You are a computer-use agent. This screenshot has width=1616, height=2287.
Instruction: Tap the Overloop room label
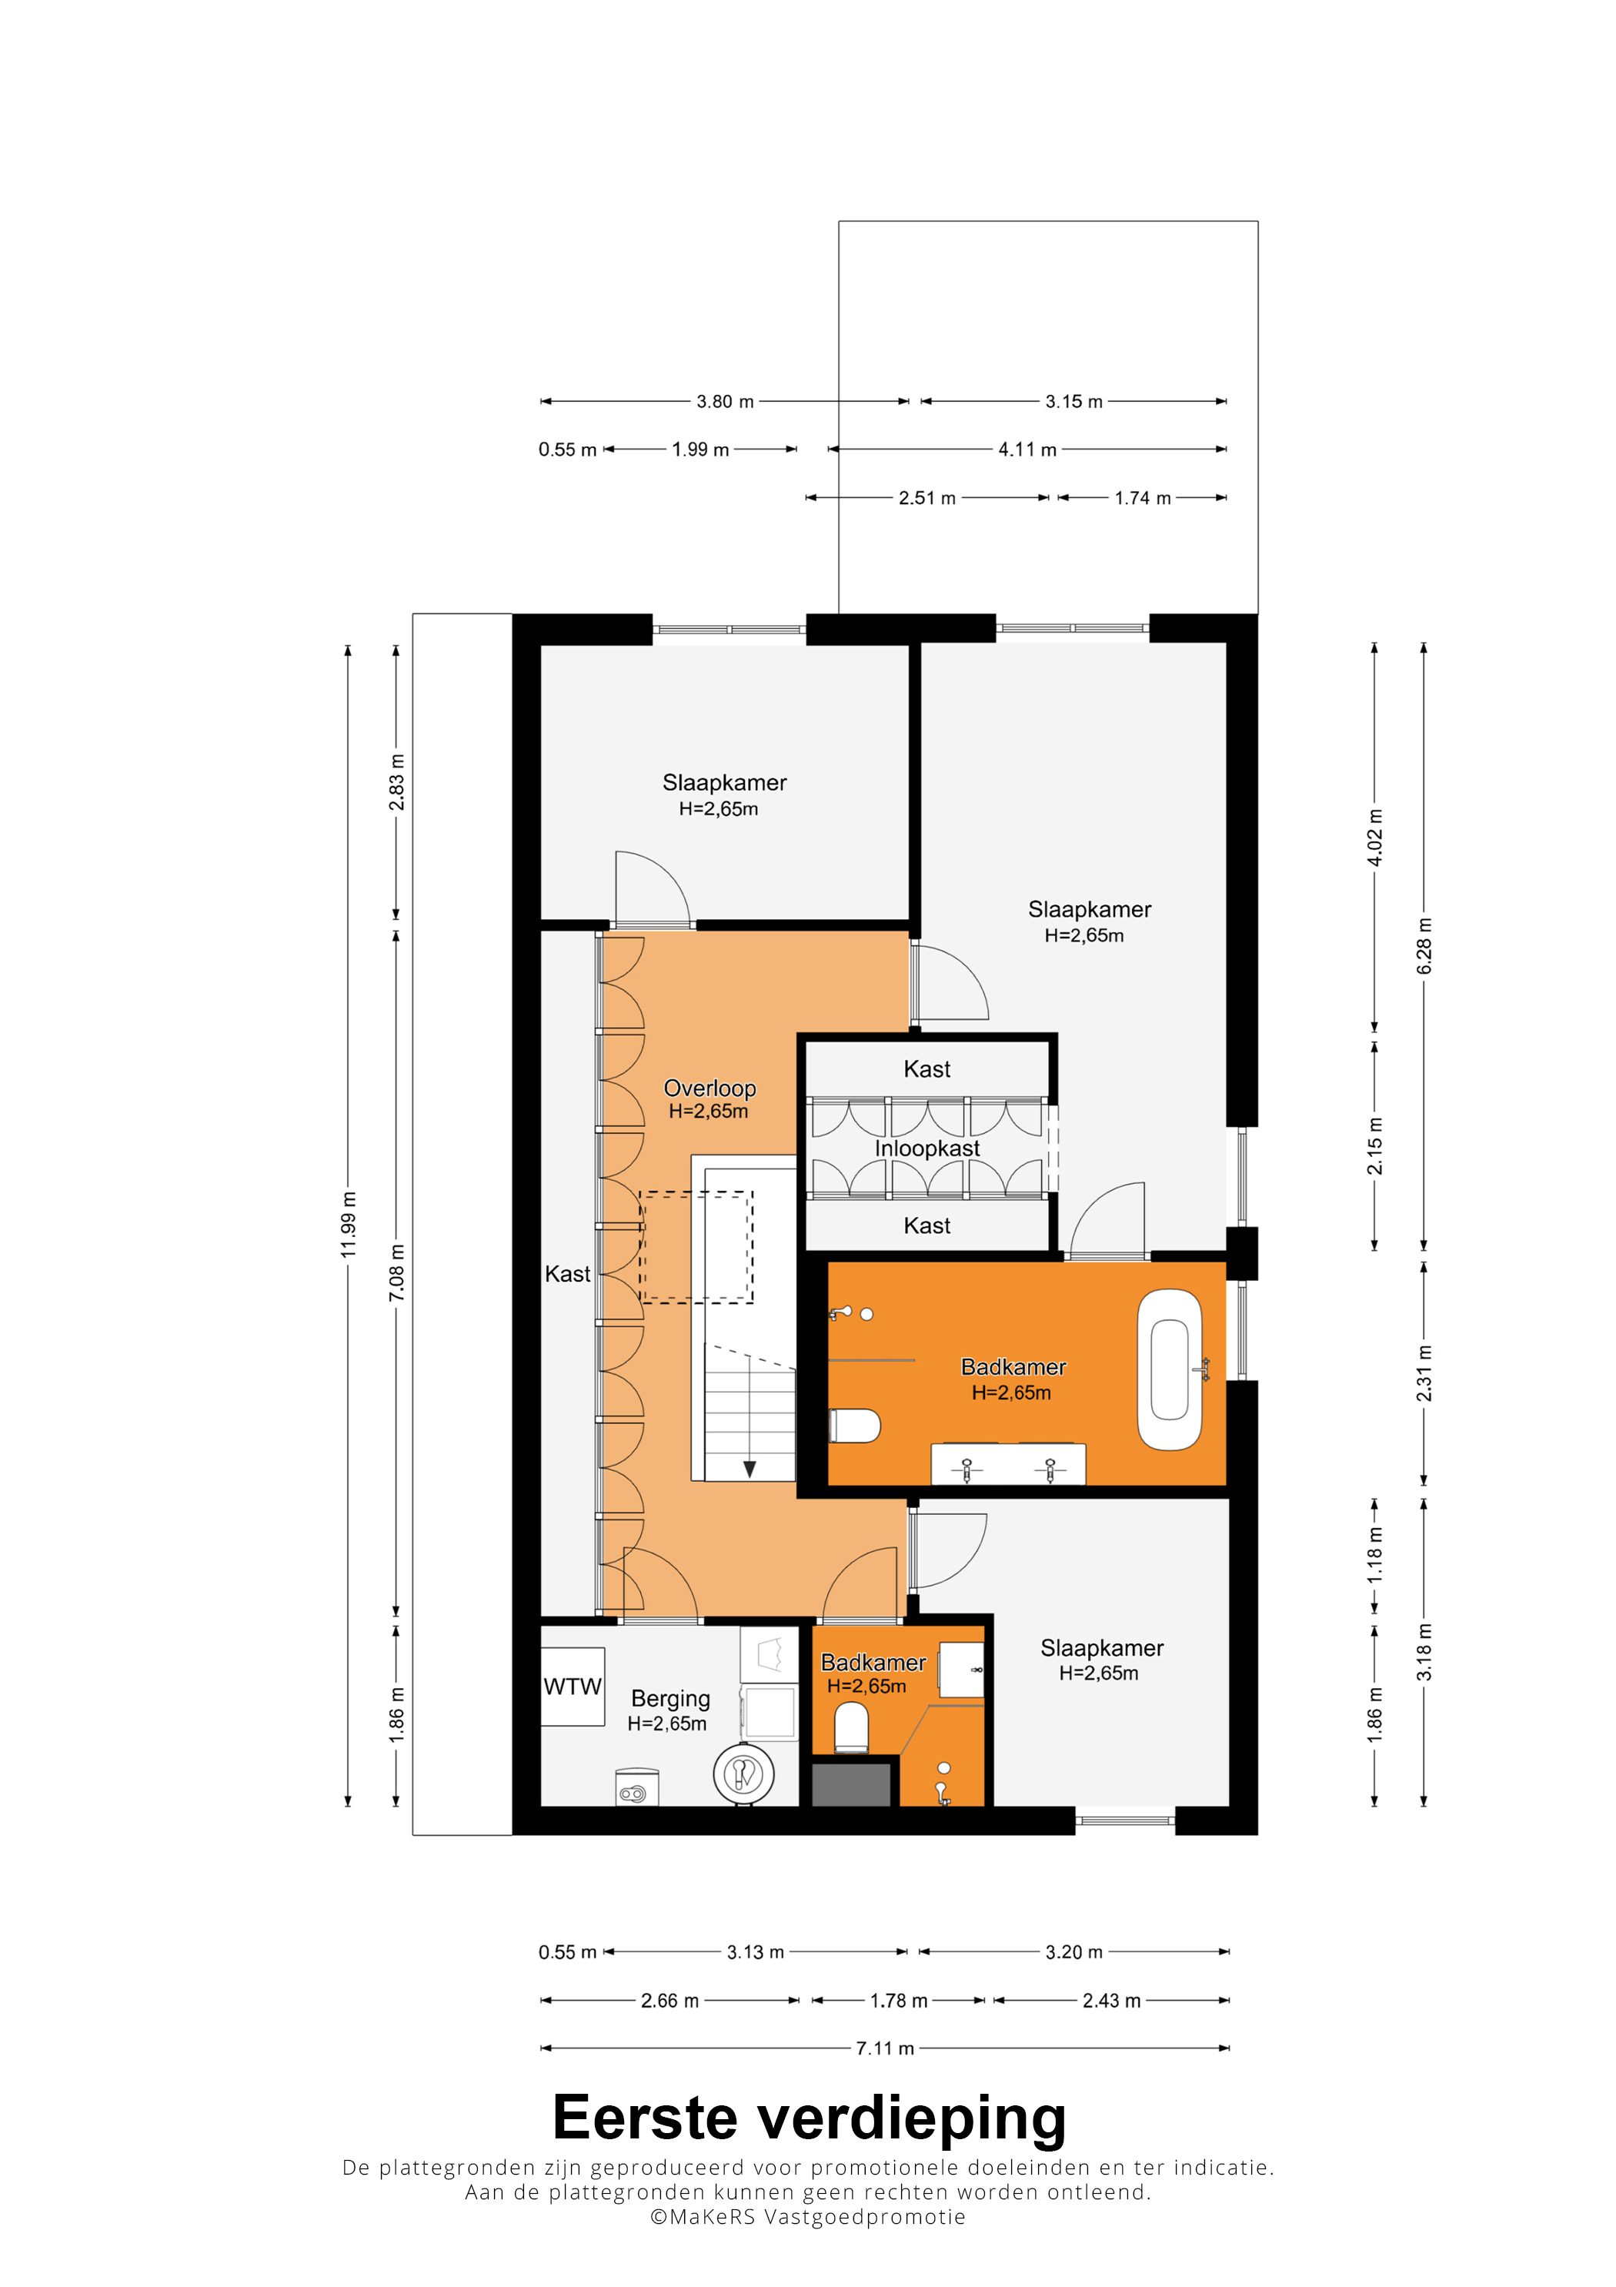tap(710, 1088)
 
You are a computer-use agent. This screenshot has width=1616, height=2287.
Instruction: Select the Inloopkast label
tap(927, 1149)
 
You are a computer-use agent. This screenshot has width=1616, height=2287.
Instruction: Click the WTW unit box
tap(573, 1687)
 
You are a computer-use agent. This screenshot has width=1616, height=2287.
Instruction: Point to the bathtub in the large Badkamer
tap(1170, 1369)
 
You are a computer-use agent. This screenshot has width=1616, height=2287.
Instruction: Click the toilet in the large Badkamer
tap(855, 1426)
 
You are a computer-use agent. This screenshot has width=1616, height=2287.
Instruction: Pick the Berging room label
tap(670, 1698)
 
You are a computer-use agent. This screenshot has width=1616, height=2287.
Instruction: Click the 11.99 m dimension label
tap(348, 1224)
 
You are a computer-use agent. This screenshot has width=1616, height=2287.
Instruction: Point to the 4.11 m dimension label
tap(1027, 450)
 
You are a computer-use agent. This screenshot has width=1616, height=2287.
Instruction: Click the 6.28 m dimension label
tap(1424, 946)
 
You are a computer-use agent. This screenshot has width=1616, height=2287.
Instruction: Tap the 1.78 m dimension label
tap(899, 2000)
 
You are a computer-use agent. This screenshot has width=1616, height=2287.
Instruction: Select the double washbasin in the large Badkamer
tap(1007, 1464)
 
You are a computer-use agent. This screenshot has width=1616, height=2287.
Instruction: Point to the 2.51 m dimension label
tap(927, 498)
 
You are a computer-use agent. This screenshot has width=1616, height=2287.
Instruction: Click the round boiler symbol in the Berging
tap(744, 1774)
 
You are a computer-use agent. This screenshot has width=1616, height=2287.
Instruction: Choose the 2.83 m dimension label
tap(396, 782)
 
